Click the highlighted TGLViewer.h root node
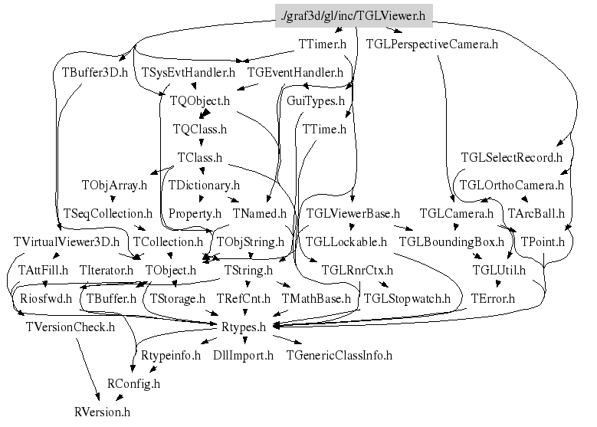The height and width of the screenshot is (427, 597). coord(353,15)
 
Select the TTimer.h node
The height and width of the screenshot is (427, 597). coord(323,44)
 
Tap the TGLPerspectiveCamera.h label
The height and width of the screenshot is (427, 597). coord(432,44)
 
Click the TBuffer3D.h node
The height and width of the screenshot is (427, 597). coord(94,74)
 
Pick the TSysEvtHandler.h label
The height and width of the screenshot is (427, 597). coord(189,74)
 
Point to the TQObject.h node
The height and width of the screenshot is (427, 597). coord(201,100)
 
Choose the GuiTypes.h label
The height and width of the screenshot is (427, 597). coord(315,100)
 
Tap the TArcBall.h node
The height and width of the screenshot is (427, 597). coord(536,213)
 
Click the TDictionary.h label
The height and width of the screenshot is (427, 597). coord(204,185)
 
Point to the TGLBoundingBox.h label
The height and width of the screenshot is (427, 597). coord(451,241)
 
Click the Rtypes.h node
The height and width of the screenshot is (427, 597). coord(243,327)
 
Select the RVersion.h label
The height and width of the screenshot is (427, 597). coord(102,412)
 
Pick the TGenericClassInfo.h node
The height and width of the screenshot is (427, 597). coord(339,355)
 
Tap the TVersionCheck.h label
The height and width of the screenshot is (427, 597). coord(70,327)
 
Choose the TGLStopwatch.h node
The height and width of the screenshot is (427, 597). coord(407,298)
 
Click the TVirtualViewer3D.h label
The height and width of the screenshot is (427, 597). coord(67,241)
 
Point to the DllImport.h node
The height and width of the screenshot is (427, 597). coord(243,355)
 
